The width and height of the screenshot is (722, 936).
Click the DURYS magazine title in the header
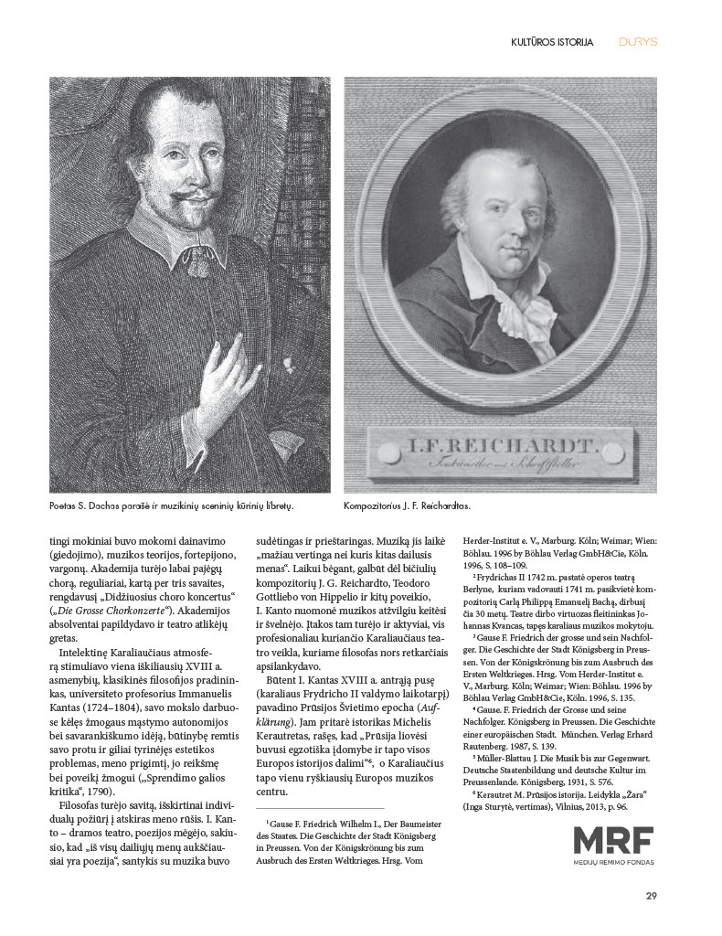[x=638, y=41]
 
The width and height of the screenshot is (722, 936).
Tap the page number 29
[x=651, y=895]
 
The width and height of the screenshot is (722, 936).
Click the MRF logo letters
[x=613, y=841]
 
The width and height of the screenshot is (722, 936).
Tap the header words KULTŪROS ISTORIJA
[x=552, y=42]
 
